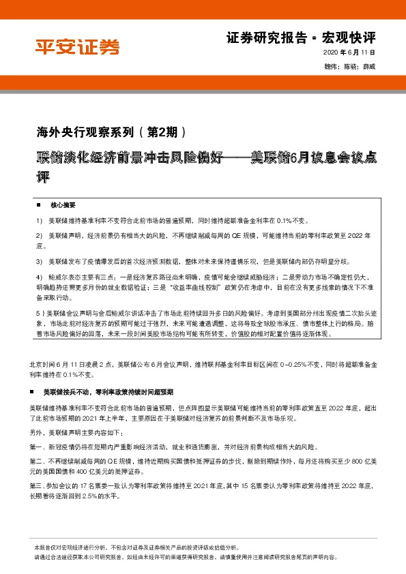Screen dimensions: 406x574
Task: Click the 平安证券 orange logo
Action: tap(77, 46)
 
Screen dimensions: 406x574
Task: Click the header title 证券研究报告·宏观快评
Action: tap(300, 36)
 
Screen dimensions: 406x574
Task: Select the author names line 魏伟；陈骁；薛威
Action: tap(350, 66)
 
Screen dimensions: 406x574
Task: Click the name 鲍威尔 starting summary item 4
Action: tap(59, 278)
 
